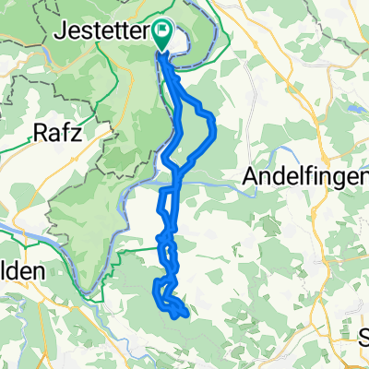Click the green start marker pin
162,34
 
